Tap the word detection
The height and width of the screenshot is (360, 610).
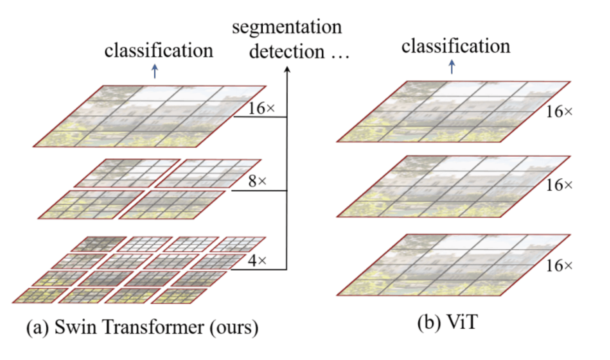click(x=287, y=52)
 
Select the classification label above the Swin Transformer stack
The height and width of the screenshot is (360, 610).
click(x=159, y=51)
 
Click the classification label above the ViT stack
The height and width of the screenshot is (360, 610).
click(x=455, y=46)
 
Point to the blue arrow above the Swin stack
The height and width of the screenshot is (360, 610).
click(x=155, y=71)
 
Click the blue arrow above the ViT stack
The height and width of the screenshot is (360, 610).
click(x=451, y=66)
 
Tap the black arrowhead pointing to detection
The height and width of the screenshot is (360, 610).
click(x=287, y=70)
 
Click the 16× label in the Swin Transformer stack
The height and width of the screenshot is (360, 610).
click(x=261, y=108)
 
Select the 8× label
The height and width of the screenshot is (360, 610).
click(x=257, y=181)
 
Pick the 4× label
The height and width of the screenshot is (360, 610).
click(x=257, y=260)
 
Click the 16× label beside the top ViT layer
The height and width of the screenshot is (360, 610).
click(x=559, y=112)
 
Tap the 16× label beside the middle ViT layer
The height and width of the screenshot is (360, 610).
click(x=559, y=185)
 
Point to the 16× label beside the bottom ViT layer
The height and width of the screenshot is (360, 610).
click(x=559, y=266)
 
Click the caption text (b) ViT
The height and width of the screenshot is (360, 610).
click(x=447, y=323)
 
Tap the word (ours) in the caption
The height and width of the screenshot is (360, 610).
click(x=234, y=328)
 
